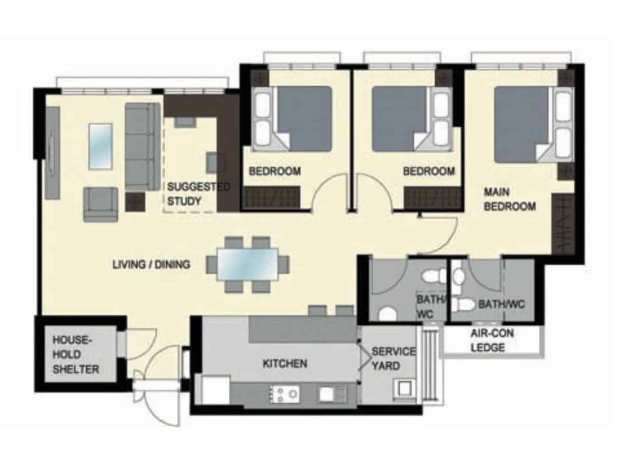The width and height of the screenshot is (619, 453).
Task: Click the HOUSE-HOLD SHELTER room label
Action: click(x=76, y=354)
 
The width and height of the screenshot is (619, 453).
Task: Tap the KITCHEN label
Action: click(x=285, y=364)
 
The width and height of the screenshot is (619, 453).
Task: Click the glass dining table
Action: click(x=248, y=265)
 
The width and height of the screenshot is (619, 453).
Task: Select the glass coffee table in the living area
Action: click(x=101, y=146)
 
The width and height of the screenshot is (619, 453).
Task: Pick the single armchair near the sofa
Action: click(x=101, y=205)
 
